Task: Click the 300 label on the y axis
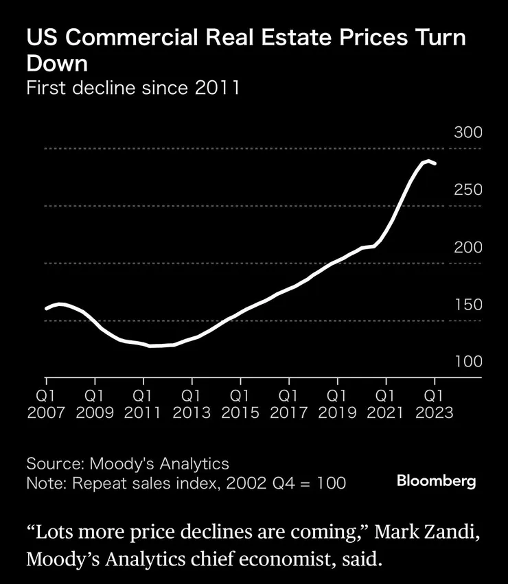(x=469, y=132)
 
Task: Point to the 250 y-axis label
(x=469, y=190)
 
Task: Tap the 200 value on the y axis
(x=469, y=248)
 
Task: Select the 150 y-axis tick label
(x=469, y=305)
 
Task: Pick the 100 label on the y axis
(x=469, y=362)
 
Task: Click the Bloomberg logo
(x=436, y=481)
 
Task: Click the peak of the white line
(x=428, y=161)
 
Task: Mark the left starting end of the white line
(x=46, y=309)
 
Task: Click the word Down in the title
(x=58, y=63)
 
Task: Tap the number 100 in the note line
(x=332, y=482)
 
